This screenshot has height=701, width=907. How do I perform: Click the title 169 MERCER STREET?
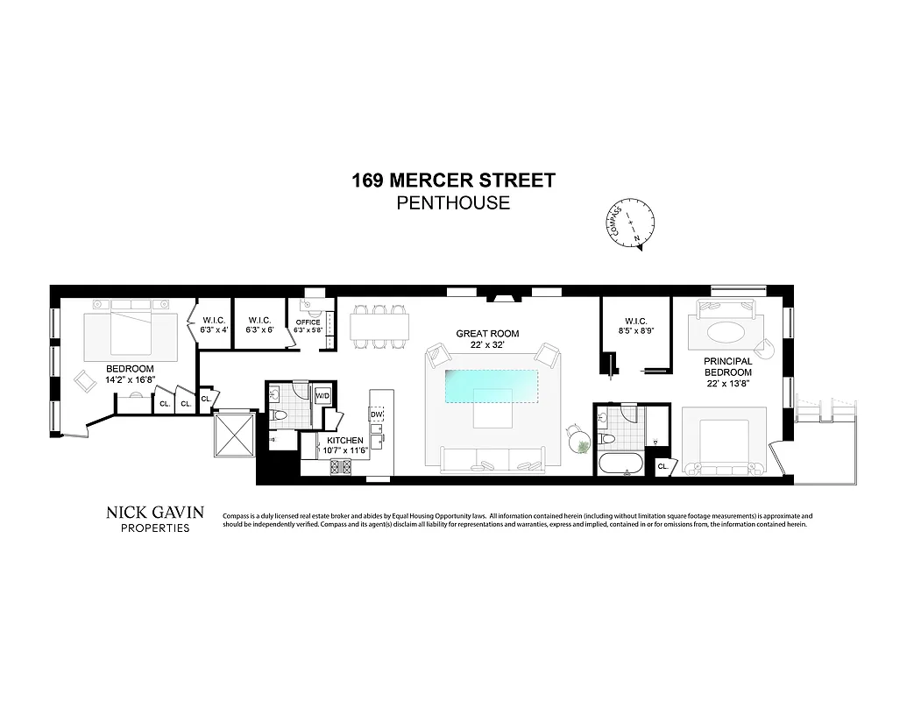coord(453,181)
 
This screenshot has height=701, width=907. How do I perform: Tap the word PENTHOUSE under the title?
coord(453,204)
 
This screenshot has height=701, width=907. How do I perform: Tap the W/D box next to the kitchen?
coord(322,395)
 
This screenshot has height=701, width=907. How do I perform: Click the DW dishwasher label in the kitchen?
coord(377,414)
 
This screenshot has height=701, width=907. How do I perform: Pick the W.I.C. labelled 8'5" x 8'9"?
coord(636,326)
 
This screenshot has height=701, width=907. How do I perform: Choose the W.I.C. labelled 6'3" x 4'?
coord(215,325)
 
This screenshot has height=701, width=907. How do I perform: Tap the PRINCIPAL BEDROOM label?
coord(727,366)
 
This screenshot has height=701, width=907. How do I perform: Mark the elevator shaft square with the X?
coord(233,434)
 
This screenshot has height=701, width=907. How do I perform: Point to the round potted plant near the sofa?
coord(580,445)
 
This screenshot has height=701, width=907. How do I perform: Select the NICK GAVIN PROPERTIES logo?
coord(155,519)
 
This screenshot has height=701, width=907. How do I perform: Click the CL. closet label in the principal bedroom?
coord(663,466)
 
